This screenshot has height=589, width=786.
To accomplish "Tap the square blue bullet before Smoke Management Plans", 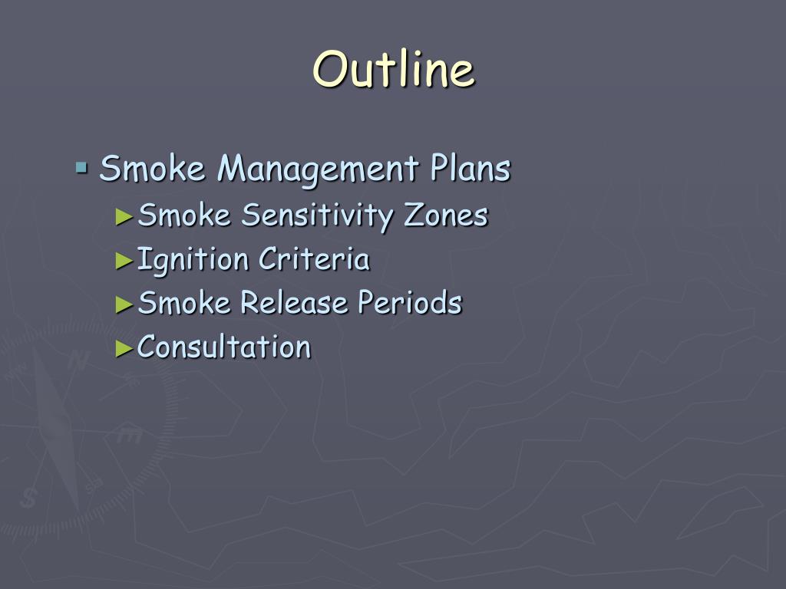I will pyautogui.click(x=81, y=166).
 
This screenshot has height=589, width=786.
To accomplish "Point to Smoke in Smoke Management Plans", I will pyautogui.click(x=153, y=168).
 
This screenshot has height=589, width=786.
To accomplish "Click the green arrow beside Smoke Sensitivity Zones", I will pyautogui.click(x=124, y=216).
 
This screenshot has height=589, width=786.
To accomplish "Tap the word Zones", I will pyautogui.click(x=446, y=216).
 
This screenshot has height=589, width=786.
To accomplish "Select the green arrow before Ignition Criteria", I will pyautogui.click(x=124, y=260).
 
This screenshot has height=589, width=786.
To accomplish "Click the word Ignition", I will pyautogui.click(x=193, y=261).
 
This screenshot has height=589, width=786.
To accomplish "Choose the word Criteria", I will pyautogui.click(x=314, y=259).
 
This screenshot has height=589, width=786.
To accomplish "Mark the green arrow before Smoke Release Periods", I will pyautogui.click(x=124, y=304).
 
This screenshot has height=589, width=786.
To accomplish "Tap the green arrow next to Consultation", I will pyautogui.click(x=124, y=348).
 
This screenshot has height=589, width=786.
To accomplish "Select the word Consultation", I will pyautogui.click(x=224, y=347).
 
